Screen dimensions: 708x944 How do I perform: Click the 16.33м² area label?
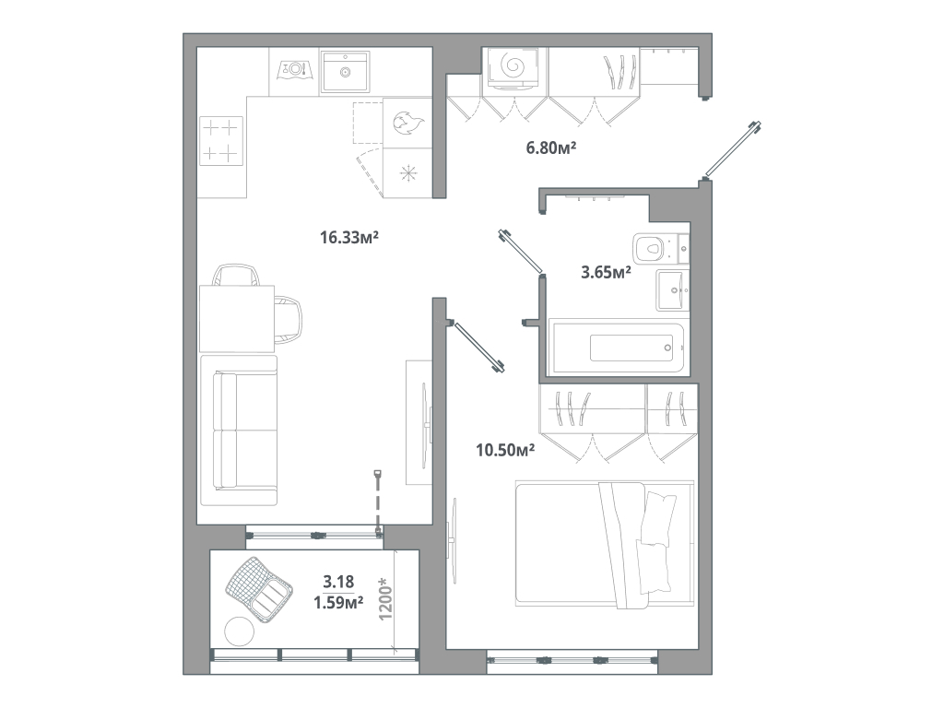tap(350, 238)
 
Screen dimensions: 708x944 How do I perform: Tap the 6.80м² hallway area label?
tap(551, 147)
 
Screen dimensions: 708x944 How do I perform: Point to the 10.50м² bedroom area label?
tap(505, 450)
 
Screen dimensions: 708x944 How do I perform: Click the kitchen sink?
tap(346, 71)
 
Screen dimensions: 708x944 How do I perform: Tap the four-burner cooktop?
tap(220, 140)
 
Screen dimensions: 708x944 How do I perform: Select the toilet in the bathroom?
tap(655, 247)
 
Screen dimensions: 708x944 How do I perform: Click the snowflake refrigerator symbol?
tap(407, 172)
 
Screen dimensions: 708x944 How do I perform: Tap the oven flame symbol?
tap(407, 123)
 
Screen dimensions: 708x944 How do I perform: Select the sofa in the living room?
tap(240, 431)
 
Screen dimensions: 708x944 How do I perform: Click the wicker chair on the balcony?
tap(257, 586)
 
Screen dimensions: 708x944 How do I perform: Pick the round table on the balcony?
tap(240, 631)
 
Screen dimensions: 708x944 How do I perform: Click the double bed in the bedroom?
tap(604, 544)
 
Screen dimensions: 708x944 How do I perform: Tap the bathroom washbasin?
tap(671, 290)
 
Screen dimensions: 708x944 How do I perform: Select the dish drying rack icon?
tap(294, 68)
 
